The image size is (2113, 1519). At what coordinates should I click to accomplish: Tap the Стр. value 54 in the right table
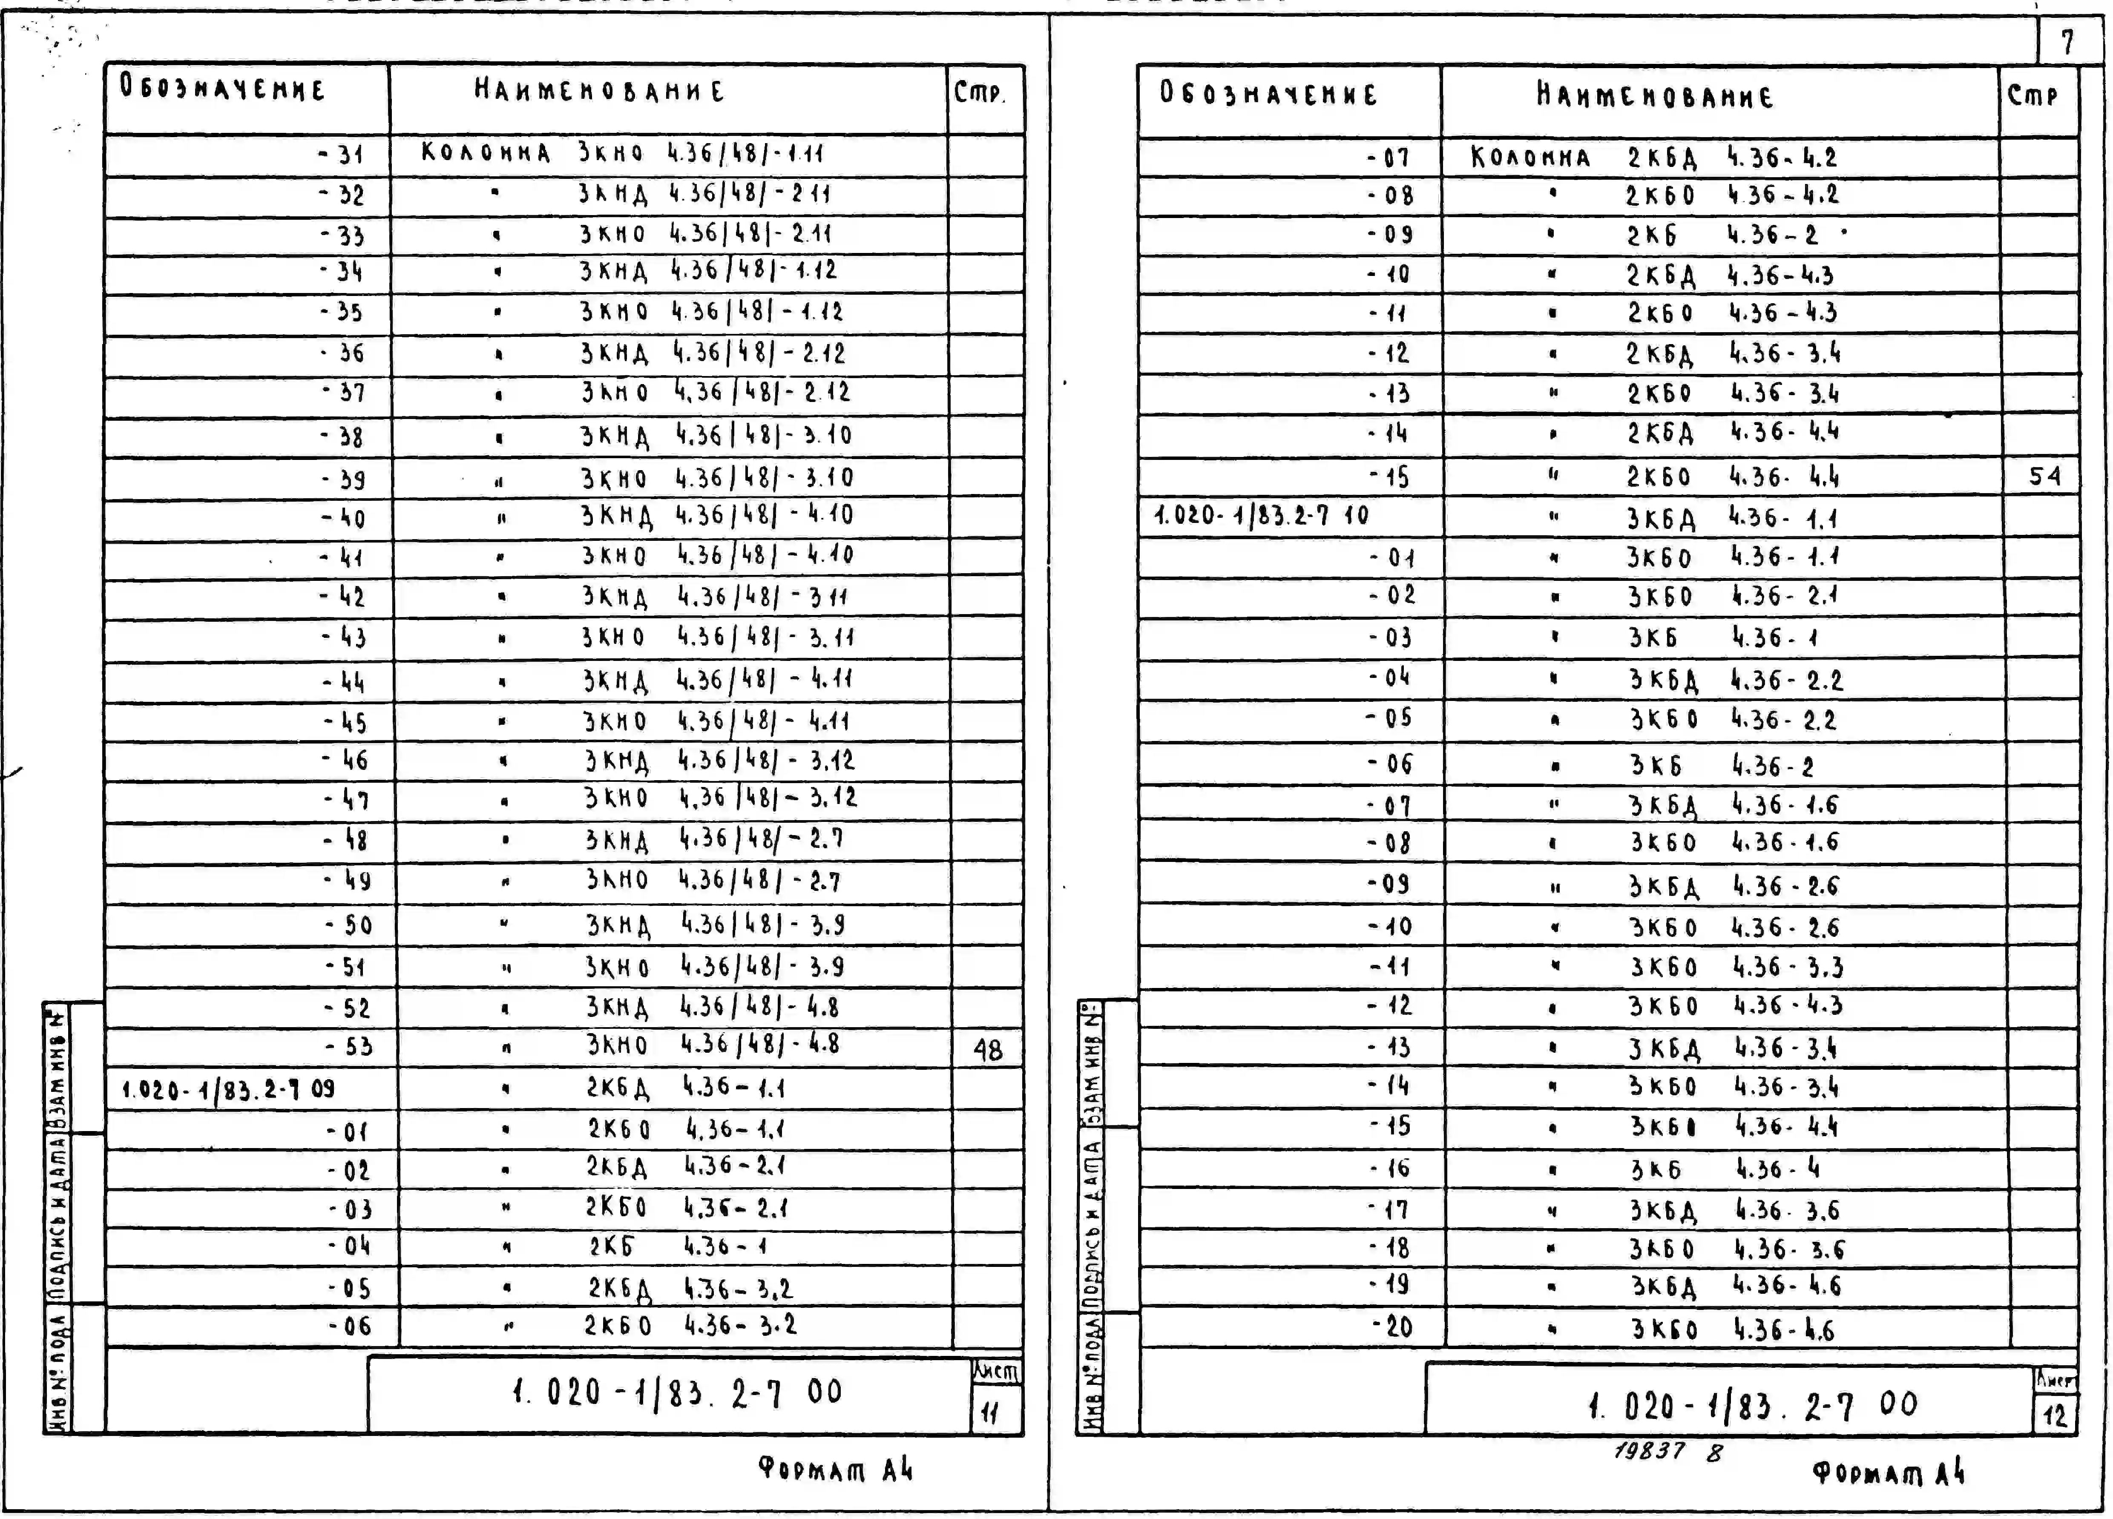[x=2045, y=477]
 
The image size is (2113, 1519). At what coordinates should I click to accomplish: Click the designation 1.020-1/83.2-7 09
[x=228, y=1089]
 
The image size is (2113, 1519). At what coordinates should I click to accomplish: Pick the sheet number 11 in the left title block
[x=989, y=1414]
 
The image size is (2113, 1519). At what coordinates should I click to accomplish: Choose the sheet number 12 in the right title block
[x=2054, y=1416]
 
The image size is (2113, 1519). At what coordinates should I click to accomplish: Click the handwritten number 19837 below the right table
[x=1649, y=1450]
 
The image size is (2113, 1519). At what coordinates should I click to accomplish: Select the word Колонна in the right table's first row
[x=1530, y=158]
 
